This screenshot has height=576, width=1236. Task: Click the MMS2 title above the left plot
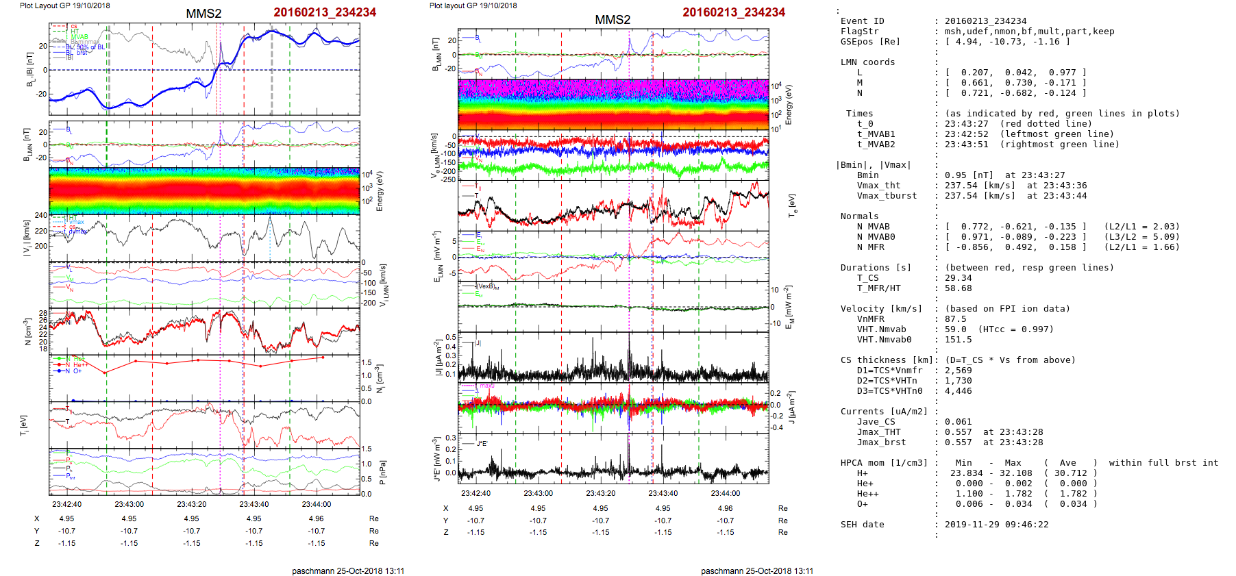coord(203,14)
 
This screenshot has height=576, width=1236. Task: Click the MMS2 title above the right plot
coord(613,20)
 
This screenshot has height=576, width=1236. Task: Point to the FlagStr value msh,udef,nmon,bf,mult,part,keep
coord(1029,32)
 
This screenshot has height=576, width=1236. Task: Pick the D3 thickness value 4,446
coord(958,391)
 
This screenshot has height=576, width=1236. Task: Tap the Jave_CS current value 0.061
coord(958,422)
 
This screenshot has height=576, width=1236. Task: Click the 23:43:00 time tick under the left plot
coord(129,505)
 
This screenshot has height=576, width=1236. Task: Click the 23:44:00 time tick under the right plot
coord(725,493)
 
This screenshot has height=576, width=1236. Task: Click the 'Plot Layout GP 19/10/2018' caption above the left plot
coord(65,5)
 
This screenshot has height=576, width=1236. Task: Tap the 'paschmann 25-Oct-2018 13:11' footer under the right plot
coord(757,571)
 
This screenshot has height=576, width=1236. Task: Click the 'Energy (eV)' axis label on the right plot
coord(789,105)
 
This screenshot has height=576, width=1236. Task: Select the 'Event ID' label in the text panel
coord(862,21)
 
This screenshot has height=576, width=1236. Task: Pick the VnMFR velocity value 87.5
coord(955,319)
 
